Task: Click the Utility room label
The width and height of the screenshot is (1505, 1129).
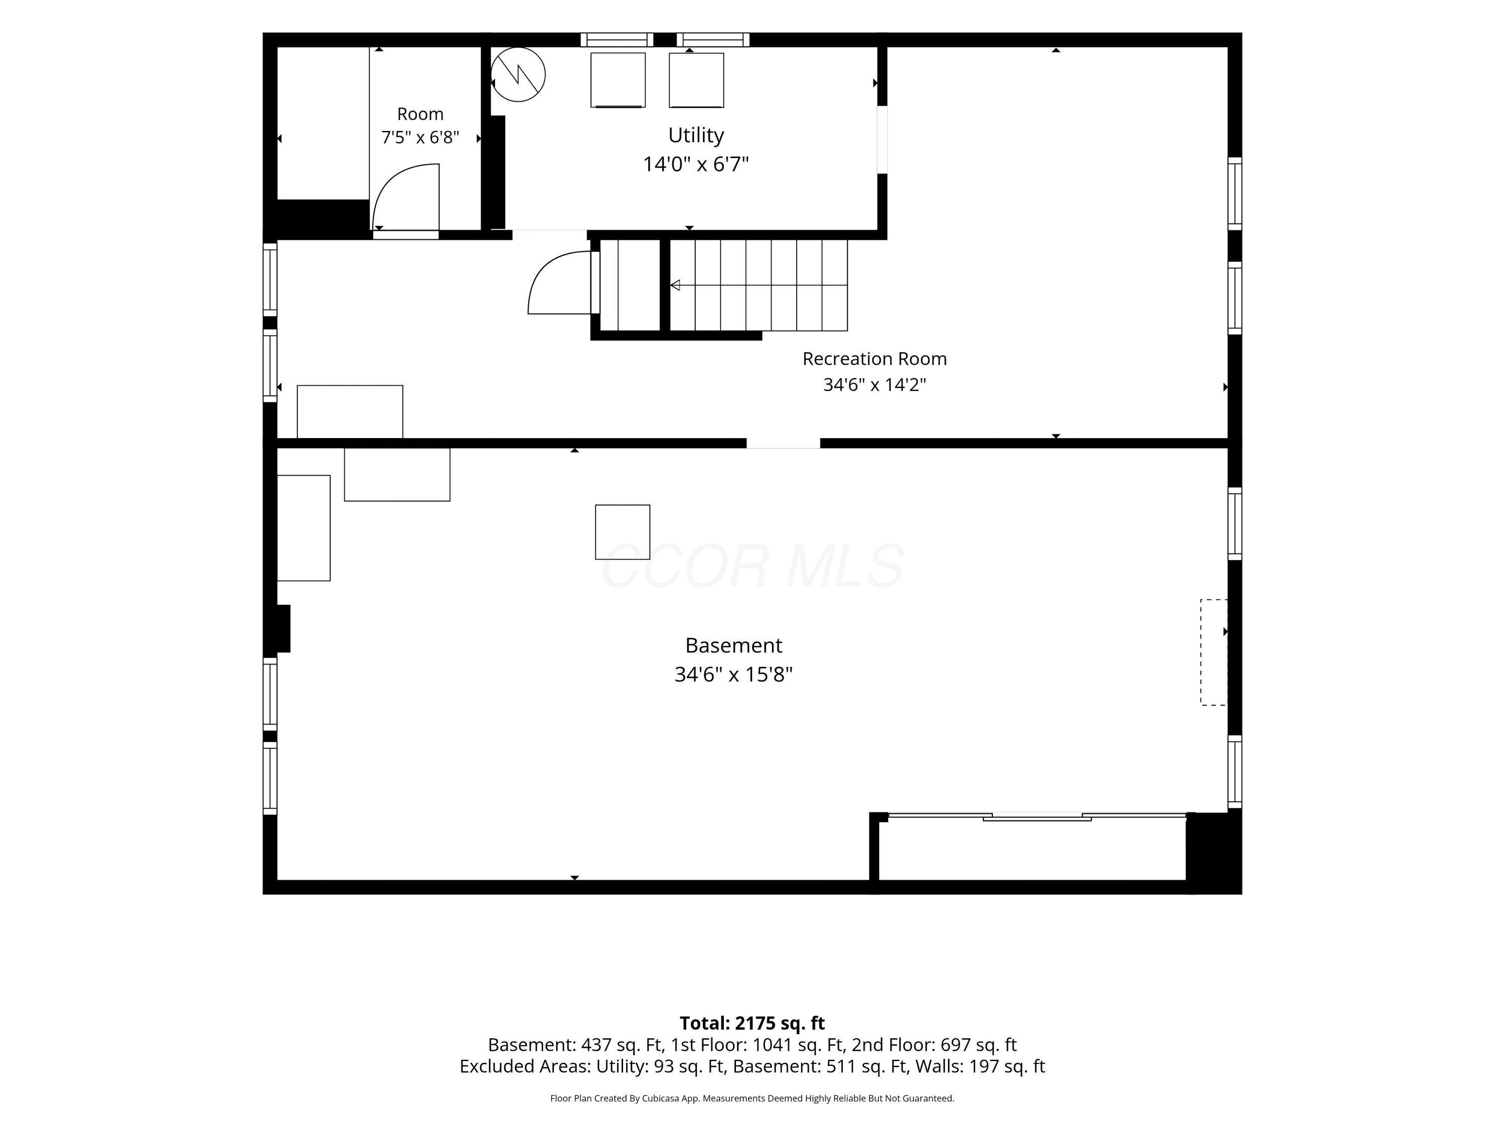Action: coord(695,135)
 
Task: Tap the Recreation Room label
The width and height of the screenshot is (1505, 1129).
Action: coord(874,359)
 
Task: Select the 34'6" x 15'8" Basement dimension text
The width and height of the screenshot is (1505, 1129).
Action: coord(733,674)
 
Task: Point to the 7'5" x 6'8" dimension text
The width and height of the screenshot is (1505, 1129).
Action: coord(420,137)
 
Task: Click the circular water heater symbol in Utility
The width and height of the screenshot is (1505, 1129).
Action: coord(518,74)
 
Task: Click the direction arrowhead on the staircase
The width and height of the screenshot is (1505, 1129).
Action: coord(675,285)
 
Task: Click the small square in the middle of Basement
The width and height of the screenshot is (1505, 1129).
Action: coord(623,532)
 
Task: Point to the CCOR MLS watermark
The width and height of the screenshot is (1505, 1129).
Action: coord(753,566)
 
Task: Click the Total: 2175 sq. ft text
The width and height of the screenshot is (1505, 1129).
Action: coord(753,1023)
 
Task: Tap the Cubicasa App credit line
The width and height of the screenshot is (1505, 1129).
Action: coord(753,1098)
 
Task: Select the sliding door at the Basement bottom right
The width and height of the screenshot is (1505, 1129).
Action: coord(1037,816)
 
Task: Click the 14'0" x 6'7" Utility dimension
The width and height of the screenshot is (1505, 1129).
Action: coord(695,164)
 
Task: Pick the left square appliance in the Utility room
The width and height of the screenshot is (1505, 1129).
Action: coord(618,80)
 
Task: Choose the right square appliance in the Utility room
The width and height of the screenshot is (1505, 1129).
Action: coord(696,80)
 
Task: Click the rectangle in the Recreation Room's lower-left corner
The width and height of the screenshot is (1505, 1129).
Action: coord(350,412)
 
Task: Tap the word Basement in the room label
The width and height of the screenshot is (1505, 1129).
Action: coord(733,645)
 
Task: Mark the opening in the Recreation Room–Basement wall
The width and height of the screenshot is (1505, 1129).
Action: coord(783,443)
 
